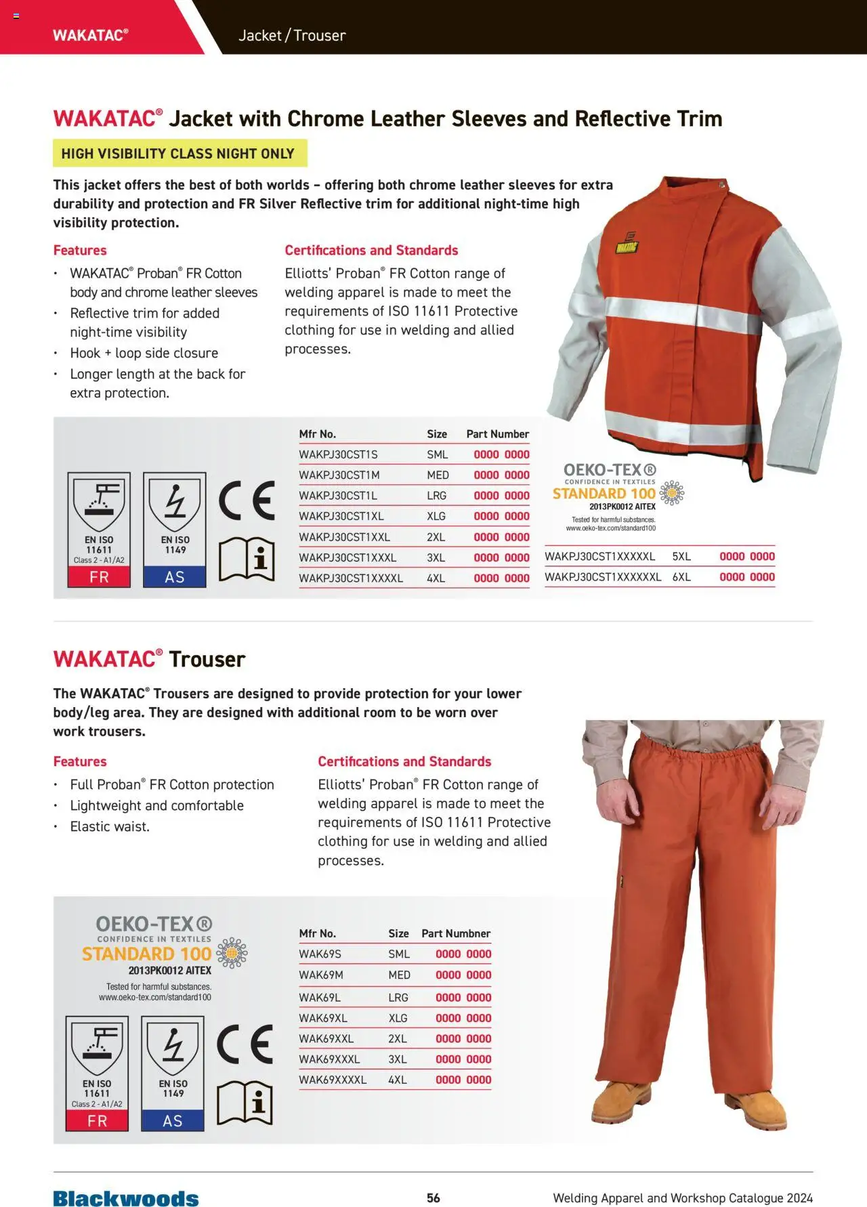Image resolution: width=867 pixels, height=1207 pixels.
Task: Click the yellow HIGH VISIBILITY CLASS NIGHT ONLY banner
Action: (179, 153)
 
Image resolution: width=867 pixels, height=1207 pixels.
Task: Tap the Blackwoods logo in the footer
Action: (126, 1198)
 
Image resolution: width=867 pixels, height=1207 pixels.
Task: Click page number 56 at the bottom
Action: (433, 1198)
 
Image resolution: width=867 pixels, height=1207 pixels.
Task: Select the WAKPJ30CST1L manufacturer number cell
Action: (338, 495)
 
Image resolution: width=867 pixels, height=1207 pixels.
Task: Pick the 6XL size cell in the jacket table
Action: (681, 577)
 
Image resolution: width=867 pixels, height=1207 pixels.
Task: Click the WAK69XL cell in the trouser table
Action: (323, 1018)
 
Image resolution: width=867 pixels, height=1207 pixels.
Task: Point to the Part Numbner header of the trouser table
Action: (456, 933)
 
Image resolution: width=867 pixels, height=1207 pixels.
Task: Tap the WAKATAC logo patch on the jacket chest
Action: (627, 245)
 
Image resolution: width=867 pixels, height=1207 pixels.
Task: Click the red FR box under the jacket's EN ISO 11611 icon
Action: (99, 577)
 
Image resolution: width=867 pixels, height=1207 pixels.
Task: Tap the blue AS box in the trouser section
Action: (173, 1121)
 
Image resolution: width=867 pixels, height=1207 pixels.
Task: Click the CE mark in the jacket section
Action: (247, 501)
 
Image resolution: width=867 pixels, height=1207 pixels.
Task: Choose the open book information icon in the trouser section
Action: (245, 1103)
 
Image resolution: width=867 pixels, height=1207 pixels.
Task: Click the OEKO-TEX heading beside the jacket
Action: (610, 469)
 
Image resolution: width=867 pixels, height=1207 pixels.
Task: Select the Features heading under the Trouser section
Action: (80, 761)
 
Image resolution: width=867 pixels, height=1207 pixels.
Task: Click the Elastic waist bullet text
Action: (110, 826)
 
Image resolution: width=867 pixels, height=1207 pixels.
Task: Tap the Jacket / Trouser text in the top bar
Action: (292, 35)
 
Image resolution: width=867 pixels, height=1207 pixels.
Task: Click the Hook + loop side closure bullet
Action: (144, 353)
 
